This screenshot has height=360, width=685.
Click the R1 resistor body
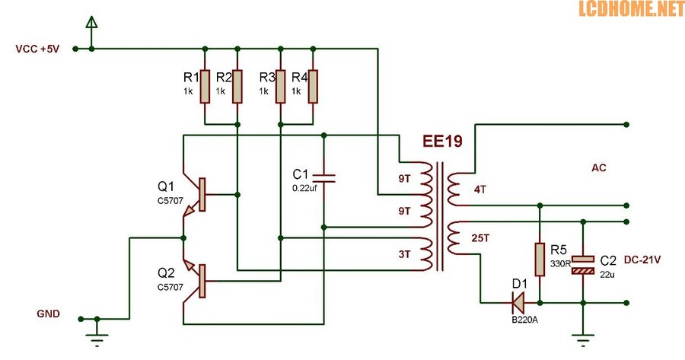(x=205, y=86)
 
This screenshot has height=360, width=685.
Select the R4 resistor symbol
(x=313, y=86)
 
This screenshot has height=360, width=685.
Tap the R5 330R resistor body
(x=540, y=260)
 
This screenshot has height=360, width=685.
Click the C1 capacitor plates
(x=324, y=177)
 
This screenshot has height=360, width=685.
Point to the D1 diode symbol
(x=518, y=303)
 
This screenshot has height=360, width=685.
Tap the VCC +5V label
(x=37, y=49)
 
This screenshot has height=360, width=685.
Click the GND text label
(x=48, y=314)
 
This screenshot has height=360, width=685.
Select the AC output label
(x=599, y=167)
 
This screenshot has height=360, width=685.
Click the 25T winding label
(x=482, y=238)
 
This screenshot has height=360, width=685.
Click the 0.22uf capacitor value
(x=305, y=186)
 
